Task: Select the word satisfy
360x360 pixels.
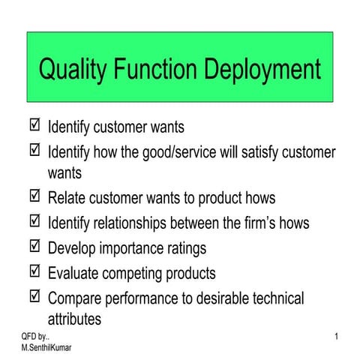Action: tap(249, 152)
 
